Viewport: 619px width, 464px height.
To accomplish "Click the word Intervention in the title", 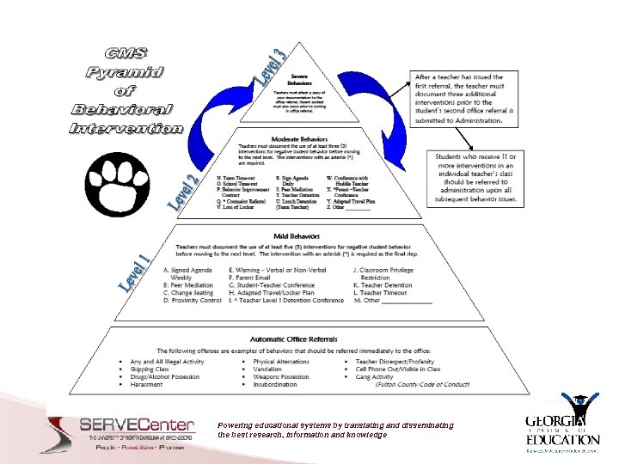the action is (126, 129).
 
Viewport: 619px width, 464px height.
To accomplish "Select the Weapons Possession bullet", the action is (281, 376).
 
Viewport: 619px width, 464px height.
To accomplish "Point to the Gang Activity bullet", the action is (374, 376).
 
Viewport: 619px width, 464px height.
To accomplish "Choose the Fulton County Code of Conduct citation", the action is (421, 384).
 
